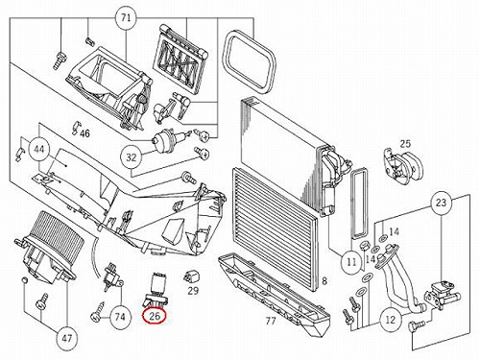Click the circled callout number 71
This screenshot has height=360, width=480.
pos(126,17)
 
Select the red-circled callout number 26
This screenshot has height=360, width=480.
pos(155,316)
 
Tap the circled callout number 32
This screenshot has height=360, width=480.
pos(132,157)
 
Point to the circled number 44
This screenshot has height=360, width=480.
pos(39,149)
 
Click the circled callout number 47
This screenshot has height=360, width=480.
pos(66,338)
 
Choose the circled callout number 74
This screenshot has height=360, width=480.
pos(120,317)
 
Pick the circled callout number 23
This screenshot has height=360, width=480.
pos(441,203)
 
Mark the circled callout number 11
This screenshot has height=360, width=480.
pos(351,262)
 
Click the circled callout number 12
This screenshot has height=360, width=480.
pos(391,320)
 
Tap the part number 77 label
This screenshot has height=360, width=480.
pos(271,321)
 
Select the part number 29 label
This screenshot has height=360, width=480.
pos(193,291)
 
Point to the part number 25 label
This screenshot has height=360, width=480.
pos(405,144)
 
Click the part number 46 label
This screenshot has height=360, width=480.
pos(84,132)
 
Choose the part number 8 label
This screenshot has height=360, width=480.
pos(324,281)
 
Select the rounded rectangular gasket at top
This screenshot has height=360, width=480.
pos(251,60)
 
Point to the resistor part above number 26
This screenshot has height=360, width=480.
pos(157,290)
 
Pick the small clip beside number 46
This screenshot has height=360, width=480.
pos(76,126)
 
